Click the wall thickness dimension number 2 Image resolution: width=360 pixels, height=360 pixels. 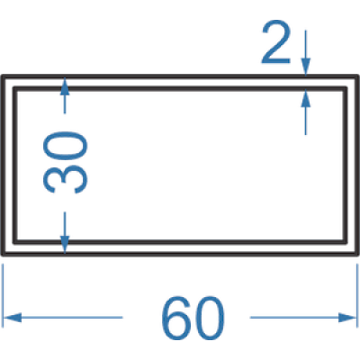point(276,42)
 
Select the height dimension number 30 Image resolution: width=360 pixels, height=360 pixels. point(66,162)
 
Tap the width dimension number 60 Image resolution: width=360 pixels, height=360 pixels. point(193,318)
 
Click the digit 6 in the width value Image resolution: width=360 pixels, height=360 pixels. point(176,318)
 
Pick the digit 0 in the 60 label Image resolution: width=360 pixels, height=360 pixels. point(210,318)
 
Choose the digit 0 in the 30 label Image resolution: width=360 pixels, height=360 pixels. point(66,145)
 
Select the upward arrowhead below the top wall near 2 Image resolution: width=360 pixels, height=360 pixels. point(306,98)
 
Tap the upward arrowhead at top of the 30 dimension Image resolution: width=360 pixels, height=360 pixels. point(65,86)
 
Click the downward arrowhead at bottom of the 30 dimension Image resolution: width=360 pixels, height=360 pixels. point(65,244)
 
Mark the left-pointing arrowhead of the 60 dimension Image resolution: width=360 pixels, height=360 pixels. point(12,318)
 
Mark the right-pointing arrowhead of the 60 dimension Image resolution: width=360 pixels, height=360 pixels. point(347,318)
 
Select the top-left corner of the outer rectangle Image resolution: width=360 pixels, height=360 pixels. point(3,76)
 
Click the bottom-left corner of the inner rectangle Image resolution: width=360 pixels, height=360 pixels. point(14,242)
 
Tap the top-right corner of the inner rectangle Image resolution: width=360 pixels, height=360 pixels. point(346,88)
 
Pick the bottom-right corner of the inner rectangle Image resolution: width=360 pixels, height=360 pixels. point(346,242)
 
